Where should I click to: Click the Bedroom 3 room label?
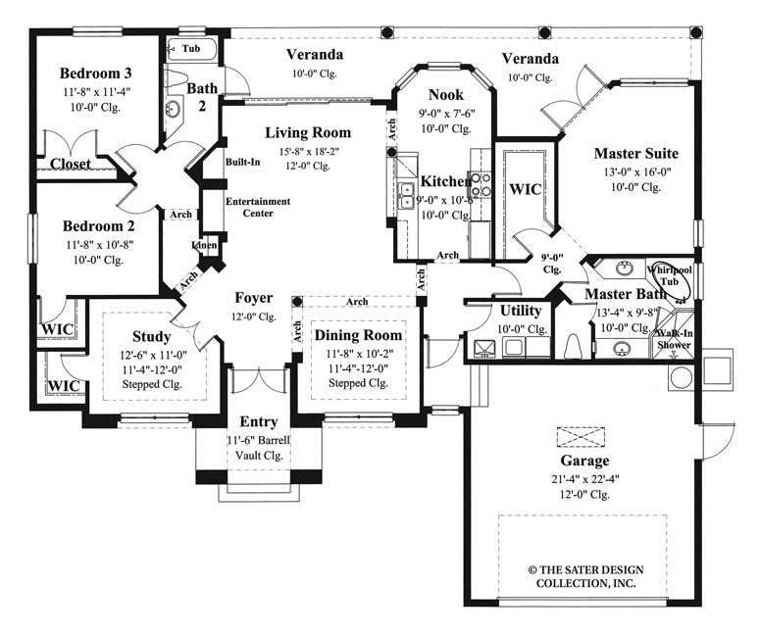click(x=96, y=73)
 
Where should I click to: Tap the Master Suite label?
click(x=635, y=154)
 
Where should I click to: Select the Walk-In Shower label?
click(x=674, y=339)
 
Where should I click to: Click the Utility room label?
click(x=508, y=311)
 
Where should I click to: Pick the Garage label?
click(x=584, y=461)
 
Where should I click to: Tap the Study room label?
click(x=150, y=337)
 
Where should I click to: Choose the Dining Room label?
click(x=357, y=335)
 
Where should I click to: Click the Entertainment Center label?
click(x=258, y=208)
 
